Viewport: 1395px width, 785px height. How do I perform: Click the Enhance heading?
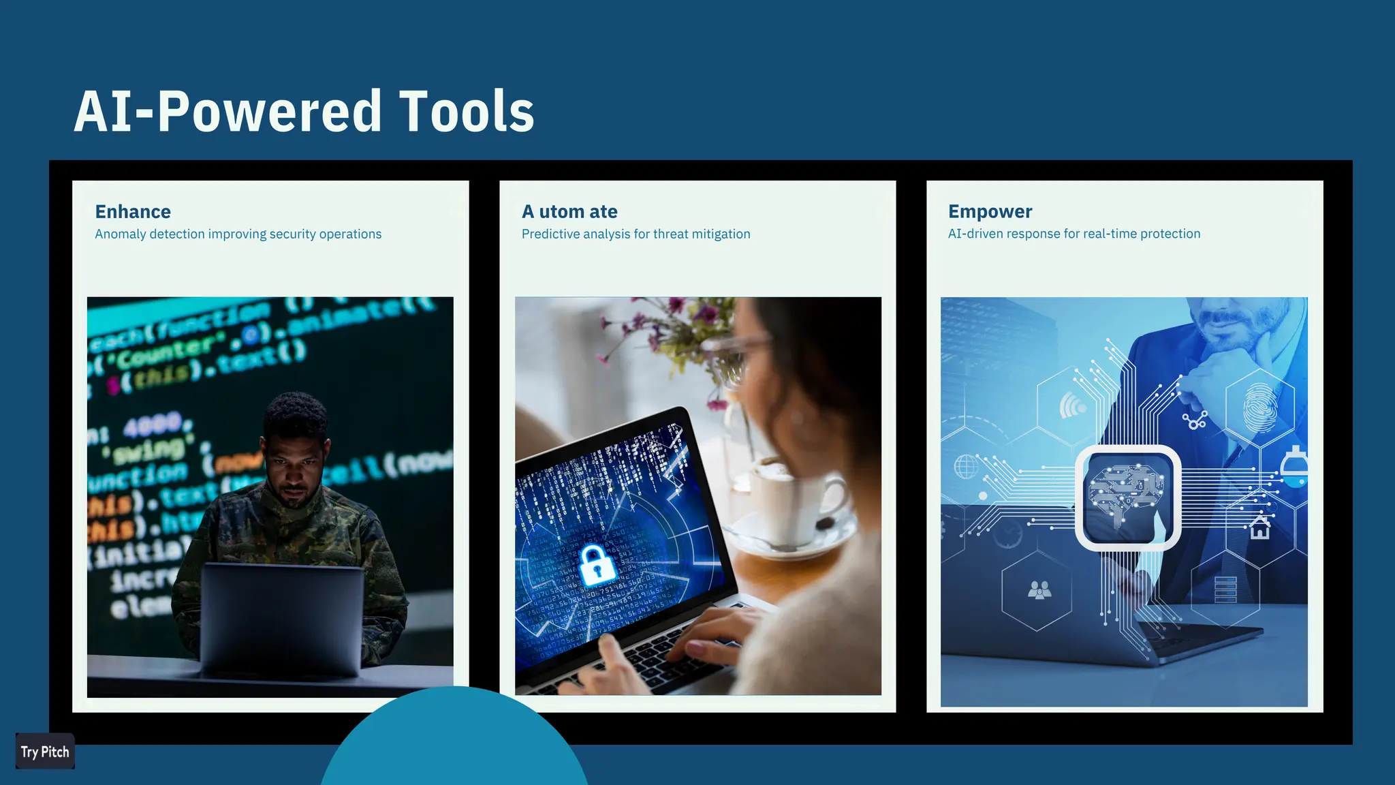[133, 212]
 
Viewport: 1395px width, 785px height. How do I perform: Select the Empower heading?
[990, 212]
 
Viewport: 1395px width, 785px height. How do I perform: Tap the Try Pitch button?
[45, 752]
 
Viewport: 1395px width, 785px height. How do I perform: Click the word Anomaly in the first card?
[121, 234]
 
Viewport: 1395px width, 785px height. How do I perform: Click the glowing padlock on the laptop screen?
[596, 565]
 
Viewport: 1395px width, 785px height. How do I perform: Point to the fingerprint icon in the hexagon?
[1259, 407]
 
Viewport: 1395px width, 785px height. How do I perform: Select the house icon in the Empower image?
[1259, 527]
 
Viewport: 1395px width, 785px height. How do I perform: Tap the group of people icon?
[1039, 589]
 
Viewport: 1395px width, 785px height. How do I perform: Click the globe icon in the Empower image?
[965, 467]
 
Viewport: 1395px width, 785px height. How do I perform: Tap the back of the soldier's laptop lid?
[281, 617]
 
